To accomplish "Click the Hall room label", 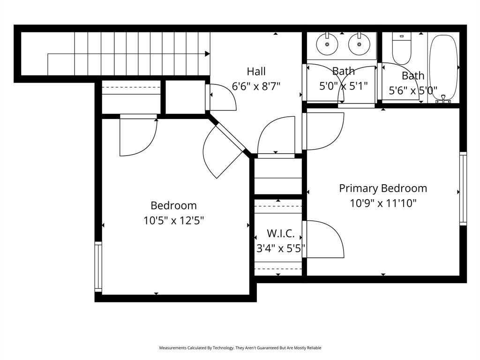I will click(256, 71).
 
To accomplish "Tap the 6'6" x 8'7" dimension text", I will click(256, 86).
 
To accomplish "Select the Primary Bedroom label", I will click(383, 188).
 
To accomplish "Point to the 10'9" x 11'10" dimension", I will click(383, 203).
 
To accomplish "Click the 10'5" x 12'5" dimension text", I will click(173, 220).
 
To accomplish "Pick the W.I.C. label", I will click(280, 233).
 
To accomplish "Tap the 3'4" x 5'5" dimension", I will click(280, 248).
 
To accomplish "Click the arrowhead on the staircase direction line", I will click(207, 54).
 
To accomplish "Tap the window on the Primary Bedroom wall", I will click(463, 188).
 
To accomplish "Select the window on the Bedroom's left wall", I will click(98, 266).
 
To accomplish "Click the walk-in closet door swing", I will click(323, 239).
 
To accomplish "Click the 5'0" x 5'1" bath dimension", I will click(343, 86).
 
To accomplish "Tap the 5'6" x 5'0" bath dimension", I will click(412, 90).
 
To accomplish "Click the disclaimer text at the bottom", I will click(240, 348).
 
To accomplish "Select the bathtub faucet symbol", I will click(443, 99).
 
